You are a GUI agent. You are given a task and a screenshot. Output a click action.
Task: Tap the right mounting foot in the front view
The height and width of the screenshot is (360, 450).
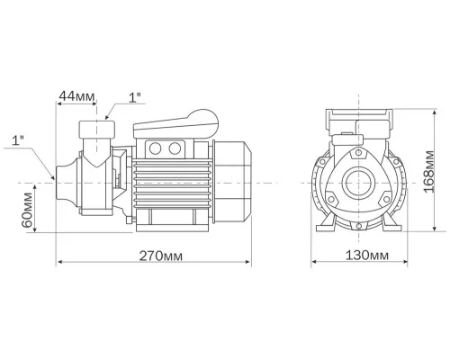[x=392, y=224]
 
